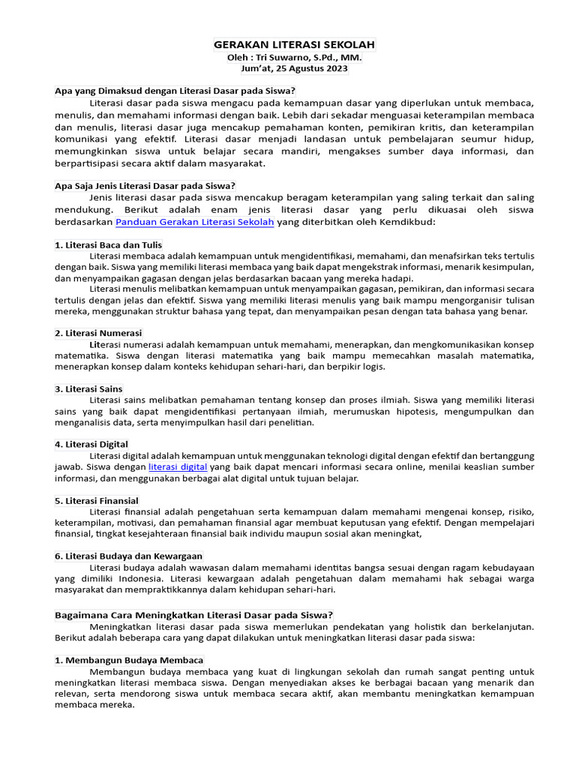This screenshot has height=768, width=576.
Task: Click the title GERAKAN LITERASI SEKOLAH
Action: pyautogui.click(x=294, y=45)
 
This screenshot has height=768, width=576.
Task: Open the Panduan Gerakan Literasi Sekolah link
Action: pyautogui.click(x=195, y=223)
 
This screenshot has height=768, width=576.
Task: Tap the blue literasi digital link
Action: pyautogui.click(x=178, y=466)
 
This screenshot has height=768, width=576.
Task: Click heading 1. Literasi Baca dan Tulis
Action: pyautogui.click(x=108, y=245)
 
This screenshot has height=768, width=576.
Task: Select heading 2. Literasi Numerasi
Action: pyautogui.click(x=98, y=332)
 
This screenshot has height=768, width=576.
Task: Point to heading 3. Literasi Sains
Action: pyautogui.click(x=88, y=388)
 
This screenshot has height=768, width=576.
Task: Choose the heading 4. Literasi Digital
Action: pyautogui.click(x=91, y=444)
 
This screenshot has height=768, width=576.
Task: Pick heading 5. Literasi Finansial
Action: pyautogui.click(x=97, y=500)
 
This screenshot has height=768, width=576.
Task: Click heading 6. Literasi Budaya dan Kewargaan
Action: pyautogui.click(x=128, y=556)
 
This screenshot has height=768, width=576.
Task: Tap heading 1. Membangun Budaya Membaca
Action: pyautogui.click(x=129, y=660)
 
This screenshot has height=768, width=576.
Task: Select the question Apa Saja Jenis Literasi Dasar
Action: pyautogui.click(x=145, y=186)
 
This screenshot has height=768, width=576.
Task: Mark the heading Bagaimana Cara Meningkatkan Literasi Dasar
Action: pyautogui.click(x=193, y=614)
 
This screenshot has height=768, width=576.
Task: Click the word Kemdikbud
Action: pyautogui.click(x=408, y=223)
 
